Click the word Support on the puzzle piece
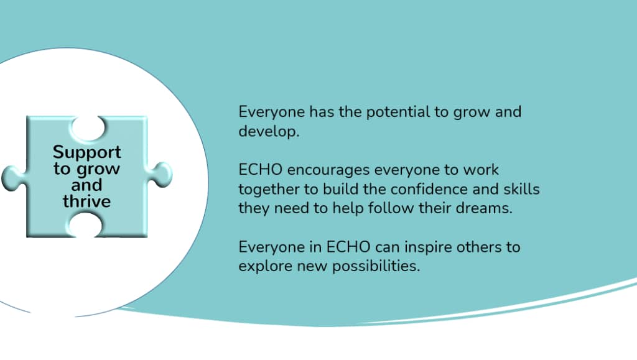coord(86,152)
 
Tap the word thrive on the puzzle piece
coord(86,201)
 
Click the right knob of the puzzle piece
coord(160,175)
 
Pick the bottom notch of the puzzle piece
coord(86,225)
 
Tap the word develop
coord(269,131)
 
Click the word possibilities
coord(376,266)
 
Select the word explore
coord(265,267)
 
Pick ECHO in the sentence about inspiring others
coord(348,247)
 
